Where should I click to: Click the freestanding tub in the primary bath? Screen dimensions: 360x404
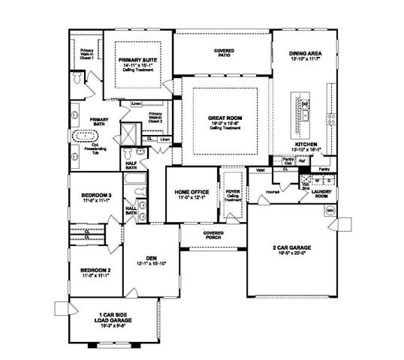(x=84, y=138)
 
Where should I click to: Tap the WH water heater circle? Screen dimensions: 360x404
(x=330, y=211)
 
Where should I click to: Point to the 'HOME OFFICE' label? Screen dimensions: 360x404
(x=186, y=193)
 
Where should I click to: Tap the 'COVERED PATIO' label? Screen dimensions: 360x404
(x=224, y=52)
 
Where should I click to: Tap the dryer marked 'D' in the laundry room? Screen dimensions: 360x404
(x=318, y=180)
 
